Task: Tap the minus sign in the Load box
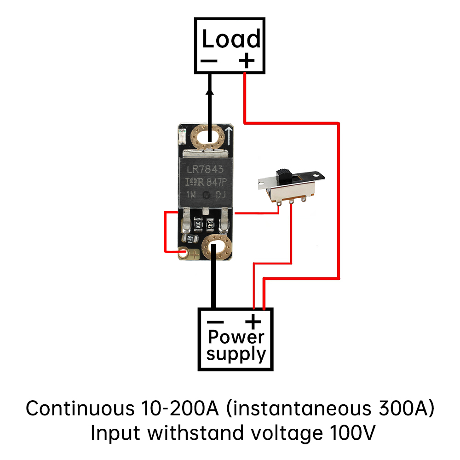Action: coord(209,61)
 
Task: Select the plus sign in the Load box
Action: coord(247,60)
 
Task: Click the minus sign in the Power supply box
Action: coord(215,322)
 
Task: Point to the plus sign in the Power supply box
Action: coord(253,321)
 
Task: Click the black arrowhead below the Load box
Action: coord(210,92)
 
